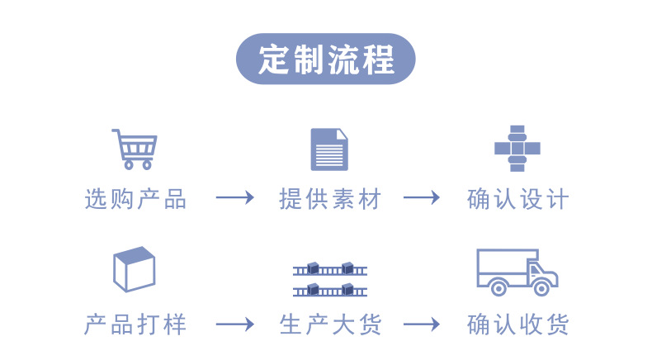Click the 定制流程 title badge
tap(326, 59)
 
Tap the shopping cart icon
tap(134, 149)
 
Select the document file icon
tap(329, 149)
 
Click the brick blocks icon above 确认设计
tap(517, 149)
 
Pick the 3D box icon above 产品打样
tap(135, 269)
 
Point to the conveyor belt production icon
tap(329, 279)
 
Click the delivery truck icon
tap(517, 272)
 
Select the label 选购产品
tap(136, 199)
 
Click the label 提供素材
tap(330, 199)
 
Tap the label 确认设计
tap(518, 199)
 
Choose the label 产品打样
tap(136, 324)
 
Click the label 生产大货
tap(330, 324)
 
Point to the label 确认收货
tap(518, 324)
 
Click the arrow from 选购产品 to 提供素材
tap(234, 199)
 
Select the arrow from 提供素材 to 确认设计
tap(422, 199)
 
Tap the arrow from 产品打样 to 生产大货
tap(234, 324)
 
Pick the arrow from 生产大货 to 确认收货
tap(422, 324)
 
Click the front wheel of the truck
tap(541, 287)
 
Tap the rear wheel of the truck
tap(498, 287)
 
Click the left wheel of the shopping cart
tap(126, 164)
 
